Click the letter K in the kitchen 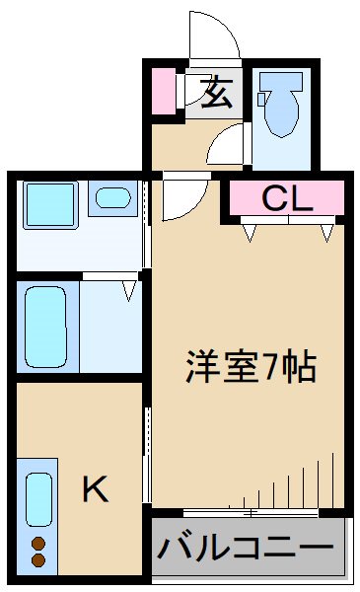coord(95,487)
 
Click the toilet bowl coord(283,111)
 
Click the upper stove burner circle coord(39,544)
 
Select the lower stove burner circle coord(39,560)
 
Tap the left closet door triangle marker coord(251,232)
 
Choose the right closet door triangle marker coord(326,232)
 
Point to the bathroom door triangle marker coord(128,289)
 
